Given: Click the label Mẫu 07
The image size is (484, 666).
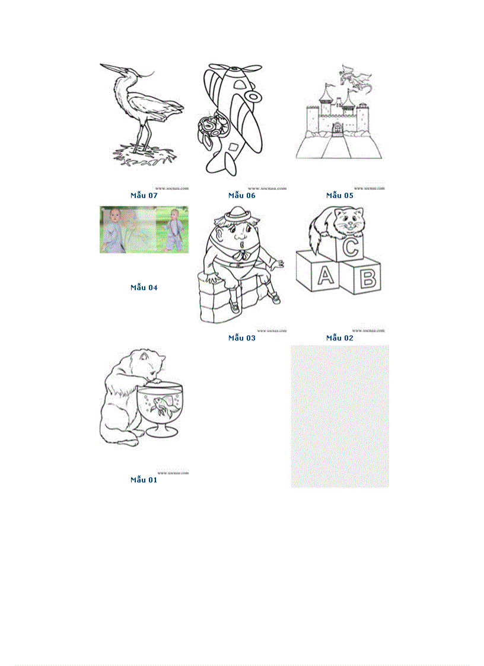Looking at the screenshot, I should (x=144, y=195).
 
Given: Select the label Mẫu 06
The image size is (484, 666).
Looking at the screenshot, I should (x=242, y=195).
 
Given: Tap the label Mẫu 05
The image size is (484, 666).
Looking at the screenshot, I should (x=340, y=195).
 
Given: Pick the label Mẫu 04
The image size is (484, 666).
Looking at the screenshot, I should (x=144, y=288).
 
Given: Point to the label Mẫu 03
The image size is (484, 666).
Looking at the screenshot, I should (x=242, y=338).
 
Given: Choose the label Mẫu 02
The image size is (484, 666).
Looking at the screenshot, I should (x=340, y=338).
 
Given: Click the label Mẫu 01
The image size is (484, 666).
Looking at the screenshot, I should (x=144, y=480).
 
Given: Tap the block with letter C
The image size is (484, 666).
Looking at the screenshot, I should (x=351, y=247).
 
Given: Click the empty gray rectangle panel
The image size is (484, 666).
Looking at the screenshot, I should (x=340, y=416).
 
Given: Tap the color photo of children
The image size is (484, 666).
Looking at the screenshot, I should (x=144, y=230).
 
